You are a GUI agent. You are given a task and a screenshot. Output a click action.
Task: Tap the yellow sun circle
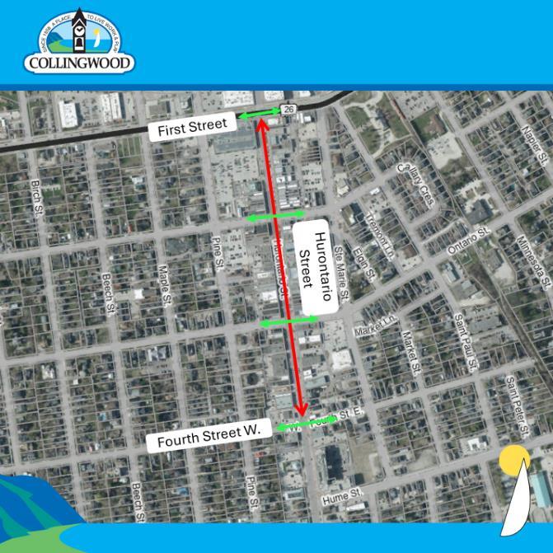[515, 459]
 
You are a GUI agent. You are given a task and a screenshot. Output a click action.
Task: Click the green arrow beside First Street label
[260, 115]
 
